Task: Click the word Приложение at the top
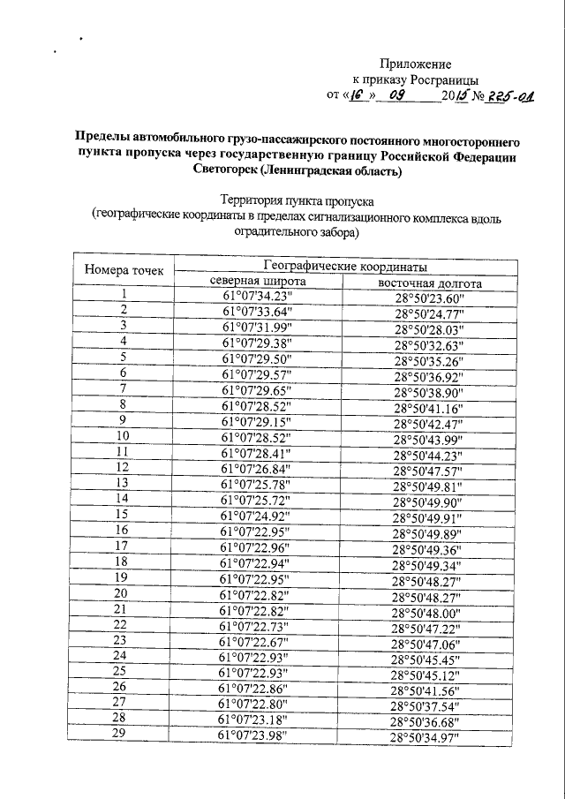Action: click(x=415, y=64)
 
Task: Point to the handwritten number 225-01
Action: click(x=503, y=95)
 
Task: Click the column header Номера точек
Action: click(x=124, y=270)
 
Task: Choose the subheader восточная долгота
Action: click(x=429, y=284)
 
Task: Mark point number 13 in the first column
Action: click(x=124, y=482)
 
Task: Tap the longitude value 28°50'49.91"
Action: click(x=433, y=517)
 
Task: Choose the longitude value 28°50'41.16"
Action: click(x=433, y=408)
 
